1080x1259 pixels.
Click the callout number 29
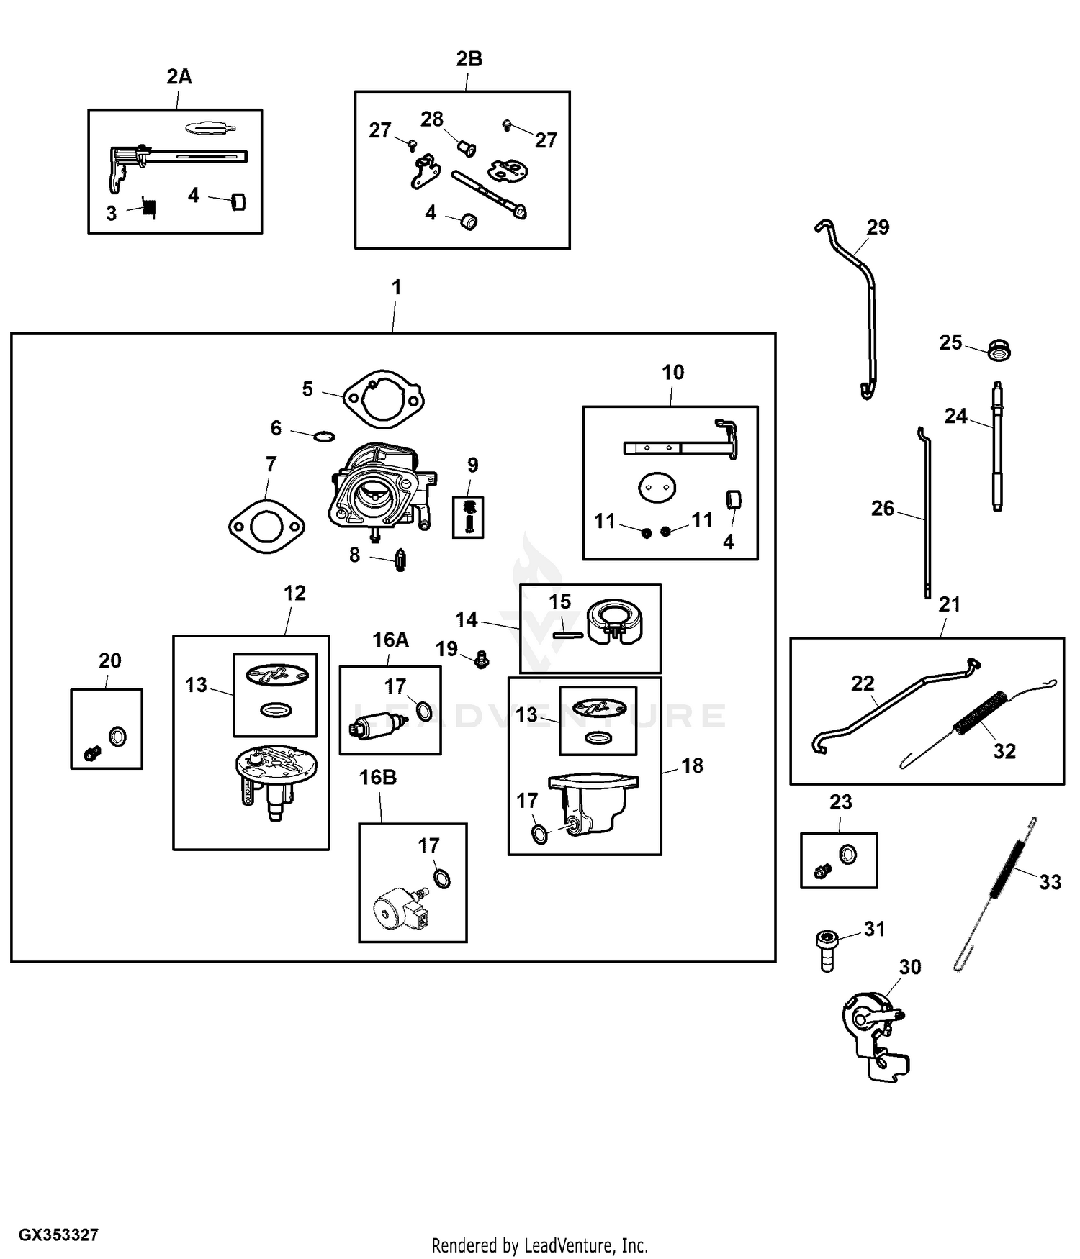point(878,227)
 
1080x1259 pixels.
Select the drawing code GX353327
point(58,1235)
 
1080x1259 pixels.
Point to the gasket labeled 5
point(383,399)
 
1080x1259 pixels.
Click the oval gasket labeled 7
point(266,527)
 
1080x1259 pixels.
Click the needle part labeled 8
point(400,560)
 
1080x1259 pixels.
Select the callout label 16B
point(378,778)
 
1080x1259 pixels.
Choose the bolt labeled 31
point(827,948)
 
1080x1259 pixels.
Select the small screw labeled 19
point(482,658)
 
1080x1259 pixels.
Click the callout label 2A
point(179,76)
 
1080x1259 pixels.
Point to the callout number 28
point(432,119)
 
